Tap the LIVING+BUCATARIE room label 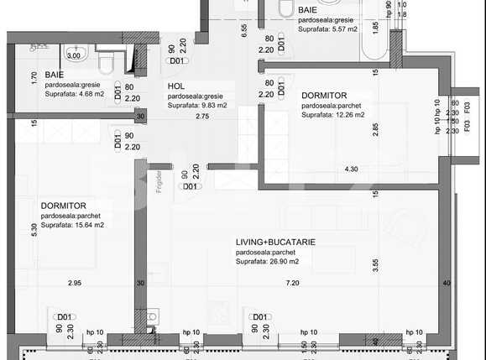[275, 241]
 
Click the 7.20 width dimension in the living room [291, 284]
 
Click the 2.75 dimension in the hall [202, 116]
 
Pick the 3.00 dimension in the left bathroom [73, 56]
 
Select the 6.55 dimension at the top [243, 31]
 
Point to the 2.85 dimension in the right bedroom [376, 128]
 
